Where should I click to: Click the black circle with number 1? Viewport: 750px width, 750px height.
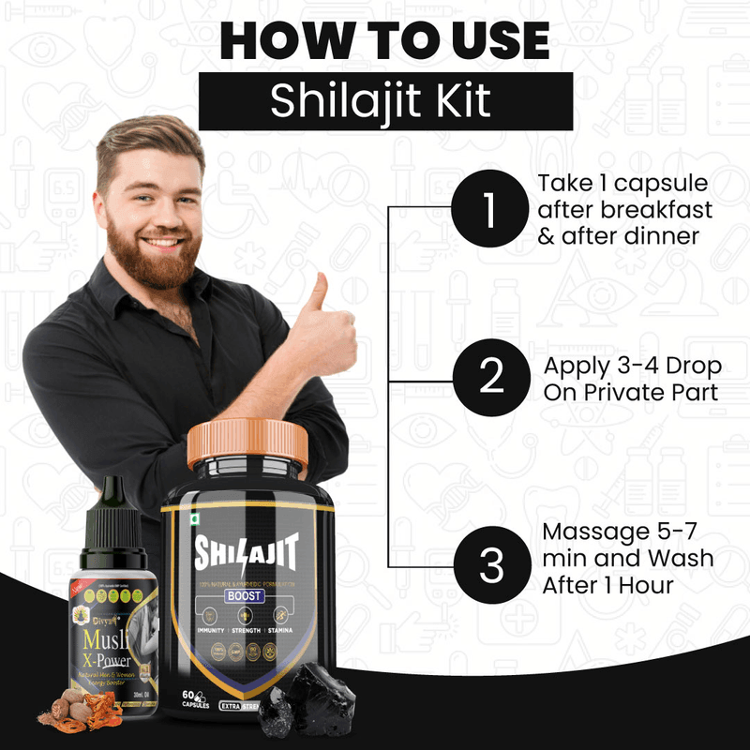pyautogui.click(x=488, y=207)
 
